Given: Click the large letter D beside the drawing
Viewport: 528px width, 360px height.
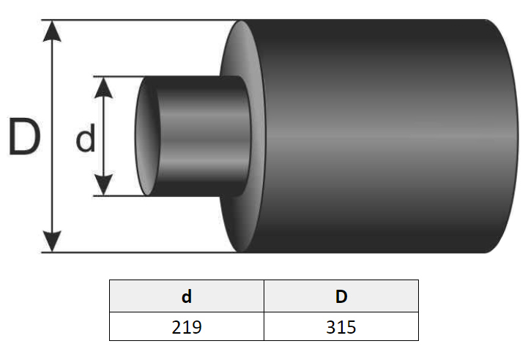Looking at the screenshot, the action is tap(24, 136).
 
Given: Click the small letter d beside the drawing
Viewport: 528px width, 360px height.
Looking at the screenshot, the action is tap(86, 138).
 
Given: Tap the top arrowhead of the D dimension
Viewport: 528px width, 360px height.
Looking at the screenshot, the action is tap(52, 31).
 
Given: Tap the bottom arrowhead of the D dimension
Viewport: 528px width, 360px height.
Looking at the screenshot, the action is tap(52, 241).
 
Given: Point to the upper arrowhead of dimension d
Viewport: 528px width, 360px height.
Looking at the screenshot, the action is tap(103, 88).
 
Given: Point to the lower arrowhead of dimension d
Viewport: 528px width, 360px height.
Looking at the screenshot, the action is tap(103, 184).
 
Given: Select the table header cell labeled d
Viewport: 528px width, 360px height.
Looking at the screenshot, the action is tap(187, 296).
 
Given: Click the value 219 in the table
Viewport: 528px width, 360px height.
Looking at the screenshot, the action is tap(187, 326).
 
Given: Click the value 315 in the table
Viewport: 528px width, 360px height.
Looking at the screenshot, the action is tap(341, 326).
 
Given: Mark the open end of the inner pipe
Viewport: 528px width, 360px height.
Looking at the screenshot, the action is tap(146, 136).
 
